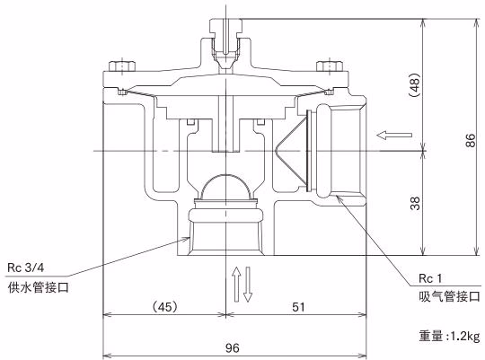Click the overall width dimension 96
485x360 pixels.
pyautogui.click(x=233, y=348)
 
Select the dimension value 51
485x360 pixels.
pyautogui.click(x=298, y=307)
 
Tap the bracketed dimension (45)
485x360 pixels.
pyautogui.click(x=165, y=307)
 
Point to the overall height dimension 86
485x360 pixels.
pyautogui.click(x=470, y=140)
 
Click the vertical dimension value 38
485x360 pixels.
pyautogui.click(x=416, y=203)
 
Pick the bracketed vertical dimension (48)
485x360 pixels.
pyautogui.click(x=415, y=85)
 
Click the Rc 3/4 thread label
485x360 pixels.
pyautogui.click(x=26, y=268)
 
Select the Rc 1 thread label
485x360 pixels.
pyautogui.click(x=430, y=278)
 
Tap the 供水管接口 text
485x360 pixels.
pyautogui.click(x=38, y=287)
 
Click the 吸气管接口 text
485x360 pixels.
pyautogui.click(x=450, y=296)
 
